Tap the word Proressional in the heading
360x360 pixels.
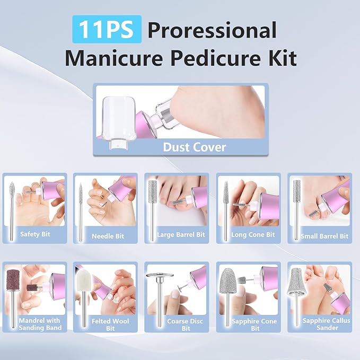212,30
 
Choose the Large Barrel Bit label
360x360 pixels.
180,235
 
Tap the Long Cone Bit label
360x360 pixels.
252,235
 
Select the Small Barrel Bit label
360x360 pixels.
324,236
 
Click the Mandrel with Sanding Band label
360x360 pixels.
40,324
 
